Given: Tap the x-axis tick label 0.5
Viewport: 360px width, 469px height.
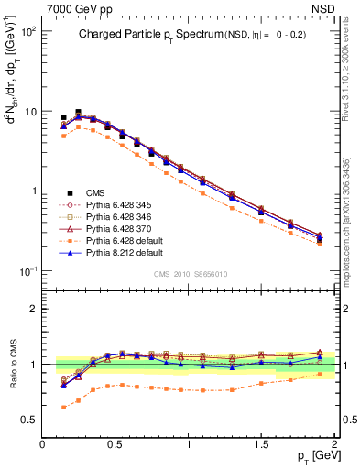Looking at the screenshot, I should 115,443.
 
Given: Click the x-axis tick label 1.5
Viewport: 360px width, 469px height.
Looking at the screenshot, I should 262,443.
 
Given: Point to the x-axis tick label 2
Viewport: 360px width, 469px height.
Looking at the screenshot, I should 335,443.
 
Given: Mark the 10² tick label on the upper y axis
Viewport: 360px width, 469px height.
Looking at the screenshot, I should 28,31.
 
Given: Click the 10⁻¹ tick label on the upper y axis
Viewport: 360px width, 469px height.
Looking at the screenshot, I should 28,272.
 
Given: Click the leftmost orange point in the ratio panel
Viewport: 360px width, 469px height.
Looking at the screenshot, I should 63,407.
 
